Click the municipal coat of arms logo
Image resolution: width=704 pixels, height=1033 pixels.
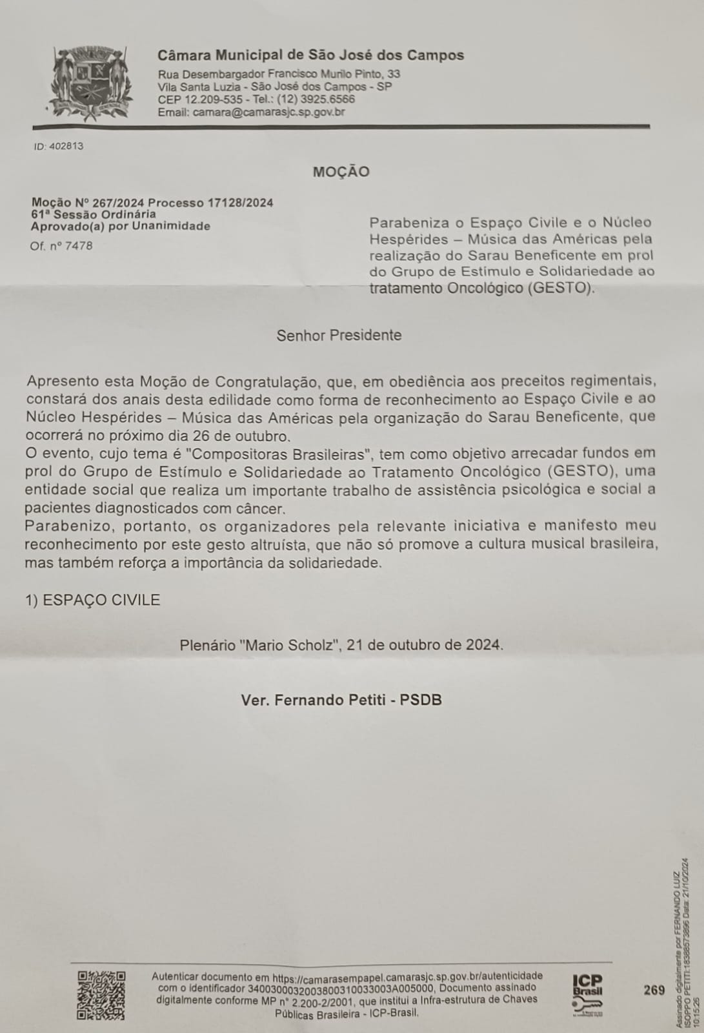coord(91,83)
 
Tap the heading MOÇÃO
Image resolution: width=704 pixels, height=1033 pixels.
coord(341,172)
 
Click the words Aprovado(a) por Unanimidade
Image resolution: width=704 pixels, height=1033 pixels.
coord(121,226)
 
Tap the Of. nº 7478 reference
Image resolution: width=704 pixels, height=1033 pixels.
coord(61,246)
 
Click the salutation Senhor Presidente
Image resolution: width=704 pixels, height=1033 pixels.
coord(339,335)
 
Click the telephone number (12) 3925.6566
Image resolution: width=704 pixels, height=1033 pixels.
coord(316,99)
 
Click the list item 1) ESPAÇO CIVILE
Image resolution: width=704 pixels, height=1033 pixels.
coord(93,600)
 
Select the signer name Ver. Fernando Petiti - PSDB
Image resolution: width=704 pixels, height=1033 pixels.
coord(341,700)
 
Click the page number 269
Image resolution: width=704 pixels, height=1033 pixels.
coord(654,990)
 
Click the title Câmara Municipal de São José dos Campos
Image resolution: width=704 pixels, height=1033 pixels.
coord(311,56)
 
